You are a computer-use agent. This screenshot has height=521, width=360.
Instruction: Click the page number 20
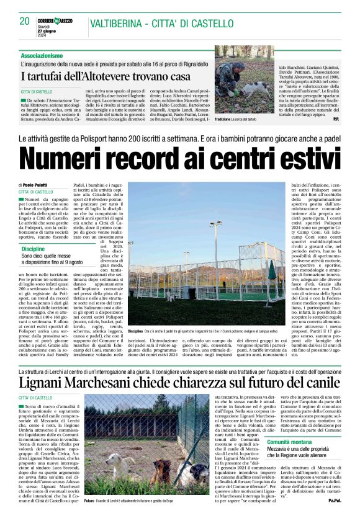(x=25, y=21)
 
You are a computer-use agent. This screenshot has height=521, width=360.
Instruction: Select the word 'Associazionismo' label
(x=42, y=55)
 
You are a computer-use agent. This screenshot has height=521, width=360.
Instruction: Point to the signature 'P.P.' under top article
(x=336, y=118)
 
